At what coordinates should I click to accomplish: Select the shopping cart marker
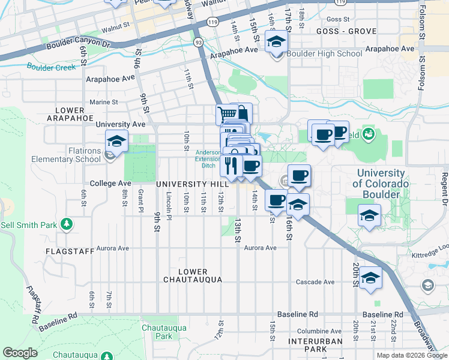[227, 113]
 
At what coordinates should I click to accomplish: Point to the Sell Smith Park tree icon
[67, 225]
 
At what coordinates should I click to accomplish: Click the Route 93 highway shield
[198, 42]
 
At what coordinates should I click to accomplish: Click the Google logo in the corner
[20, 352]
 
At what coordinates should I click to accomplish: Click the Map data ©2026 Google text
[412, 355]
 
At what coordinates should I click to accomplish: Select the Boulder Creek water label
[50, 67]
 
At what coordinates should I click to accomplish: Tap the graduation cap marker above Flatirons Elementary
[116, 142]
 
